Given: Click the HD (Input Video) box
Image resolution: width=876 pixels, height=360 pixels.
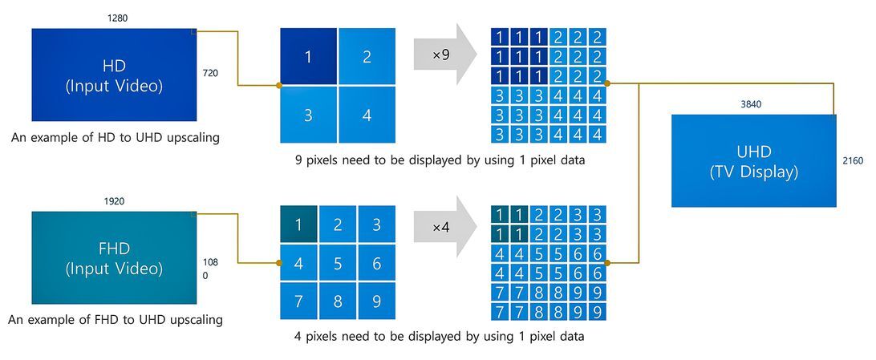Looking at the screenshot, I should pyautogui.click(x=114, y=75).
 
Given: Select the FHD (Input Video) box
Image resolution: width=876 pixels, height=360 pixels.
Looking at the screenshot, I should pyautogui.click(x=114, y=257).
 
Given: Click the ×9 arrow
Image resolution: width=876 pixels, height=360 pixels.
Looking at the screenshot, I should pyautogui.click(x=444, y=55).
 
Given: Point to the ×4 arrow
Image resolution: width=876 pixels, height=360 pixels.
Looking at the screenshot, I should pyautogui.click(x=444, y=227).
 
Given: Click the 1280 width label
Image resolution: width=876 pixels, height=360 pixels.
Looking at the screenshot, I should pyautogui.click(x=117, y=17).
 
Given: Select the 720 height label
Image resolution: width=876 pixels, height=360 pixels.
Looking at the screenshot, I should pyautogui.click(x=210, y=73).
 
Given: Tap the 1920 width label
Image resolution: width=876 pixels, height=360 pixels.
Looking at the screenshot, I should pyautogui.click(x=114, y=201).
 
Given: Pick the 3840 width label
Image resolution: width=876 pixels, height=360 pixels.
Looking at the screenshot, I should pyautogui.click(x=752, y=104).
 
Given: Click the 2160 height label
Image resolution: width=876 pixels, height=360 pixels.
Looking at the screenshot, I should pyautogui.click(x=853, y=161).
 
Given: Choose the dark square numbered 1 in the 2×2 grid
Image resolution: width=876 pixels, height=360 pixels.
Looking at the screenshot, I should pyautogui.click(x=308, y=56).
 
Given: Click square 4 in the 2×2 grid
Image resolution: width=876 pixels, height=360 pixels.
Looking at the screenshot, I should pyautogui.click(x=367, y=115).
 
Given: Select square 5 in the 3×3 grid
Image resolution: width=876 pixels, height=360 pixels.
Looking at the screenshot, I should pyautogui.click(x=338, y=263).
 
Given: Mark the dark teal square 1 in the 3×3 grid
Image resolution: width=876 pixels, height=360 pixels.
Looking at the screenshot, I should pyautogui.click(x=298, y=224).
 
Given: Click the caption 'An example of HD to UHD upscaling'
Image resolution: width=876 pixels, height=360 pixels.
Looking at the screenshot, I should pyautogui.click(x=116, y=137).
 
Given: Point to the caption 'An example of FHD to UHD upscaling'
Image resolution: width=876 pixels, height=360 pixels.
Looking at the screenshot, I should pyautogui.click(x=116, y=320).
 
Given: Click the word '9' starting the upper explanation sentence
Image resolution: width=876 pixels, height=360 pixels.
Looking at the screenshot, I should pyautogui.click(x=298, y=160).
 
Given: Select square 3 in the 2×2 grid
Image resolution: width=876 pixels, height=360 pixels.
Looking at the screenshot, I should pyautogui.click(x=308, y=115).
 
